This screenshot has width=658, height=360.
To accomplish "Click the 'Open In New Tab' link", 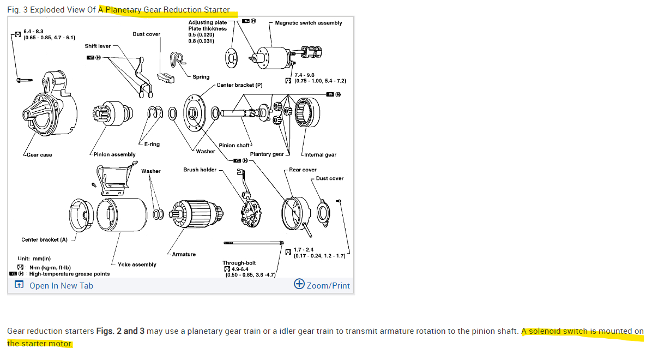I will [x=61, y=285].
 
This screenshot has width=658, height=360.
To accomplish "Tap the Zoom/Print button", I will [x=322, y=285].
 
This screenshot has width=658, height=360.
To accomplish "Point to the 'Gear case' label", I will [x=39, y=155].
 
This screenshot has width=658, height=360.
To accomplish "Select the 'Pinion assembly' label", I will [x=114, y=154].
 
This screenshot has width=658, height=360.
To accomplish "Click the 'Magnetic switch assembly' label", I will [x=309, y=23].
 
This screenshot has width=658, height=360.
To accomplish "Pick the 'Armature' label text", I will [x=184, y=254].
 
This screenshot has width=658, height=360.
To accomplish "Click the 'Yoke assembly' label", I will [x=137, y=265].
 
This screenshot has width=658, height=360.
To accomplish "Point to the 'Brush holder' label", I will [x=200, y=170].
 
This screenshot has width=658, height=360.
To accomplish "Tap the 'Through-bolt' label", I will [x=239, y=263].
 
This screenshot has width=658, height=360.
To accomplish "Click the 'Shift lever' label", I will [x=98, y=46].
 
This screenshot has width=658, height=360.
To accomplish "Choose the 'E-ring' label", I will [x=152, y=145].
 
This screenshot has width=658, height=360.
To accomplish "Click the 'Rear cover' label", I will [x=303, y=170].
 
